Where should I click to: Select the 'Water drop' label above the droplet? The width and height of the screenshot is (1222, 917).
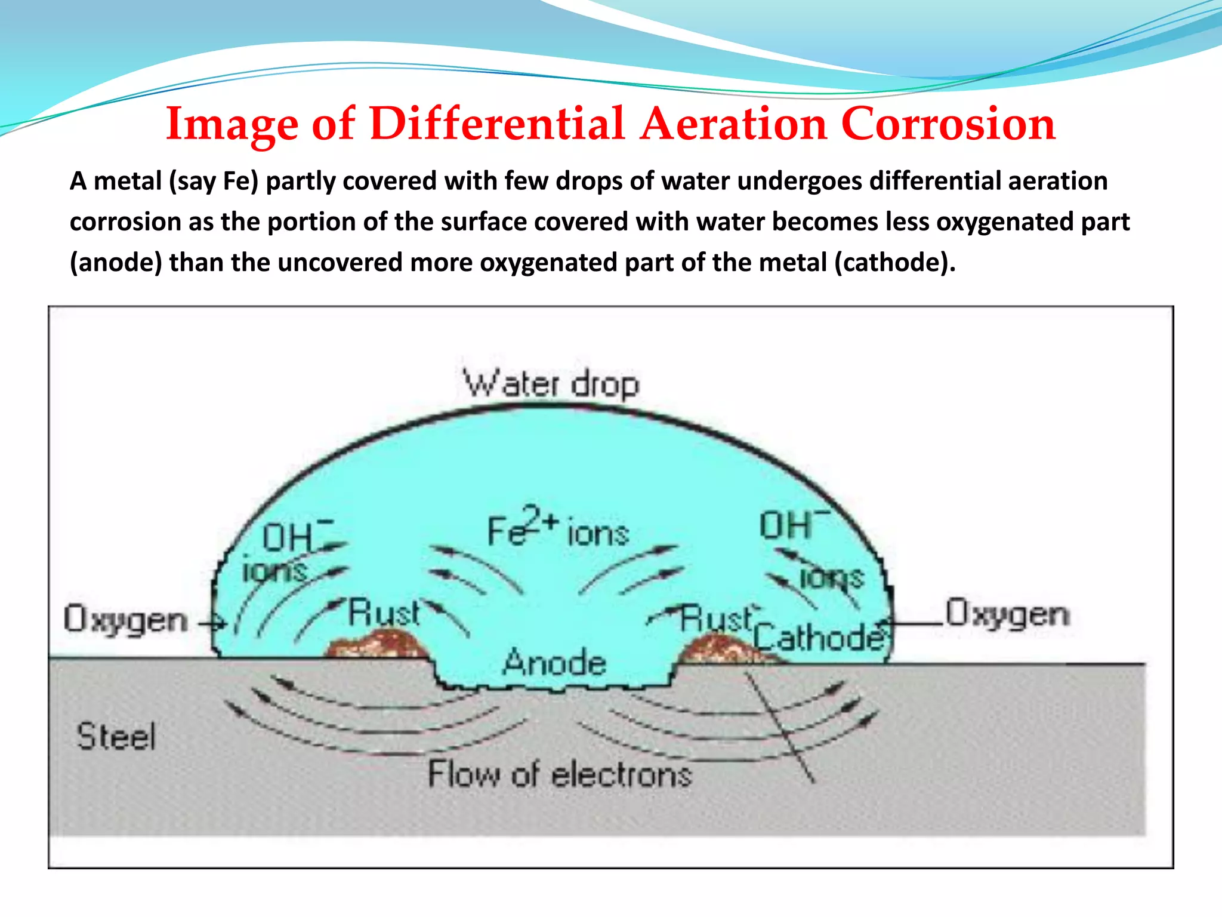[551, 384]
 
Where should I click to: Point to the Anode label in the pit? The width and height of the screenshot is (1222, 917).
[554, 663]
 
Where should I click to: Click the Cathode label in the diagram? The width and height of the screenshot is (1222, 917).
[819, 637]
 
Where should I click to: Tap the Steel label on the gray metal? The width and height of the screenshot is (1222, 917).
[116, 736]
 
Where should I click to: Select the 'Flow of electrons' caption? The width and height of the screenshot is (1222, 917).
[560, 774]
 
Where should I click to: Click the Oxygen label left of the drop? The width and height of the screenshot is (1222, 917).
[125, 620]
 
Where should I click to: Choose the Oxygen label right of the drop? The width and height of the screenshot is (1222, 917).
[1008, 614]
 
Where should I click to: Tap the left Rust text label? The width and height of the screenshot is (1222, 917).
[384, 613]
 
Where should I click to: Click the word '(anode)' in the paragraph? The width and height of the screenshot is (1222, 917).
[116, 263]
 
